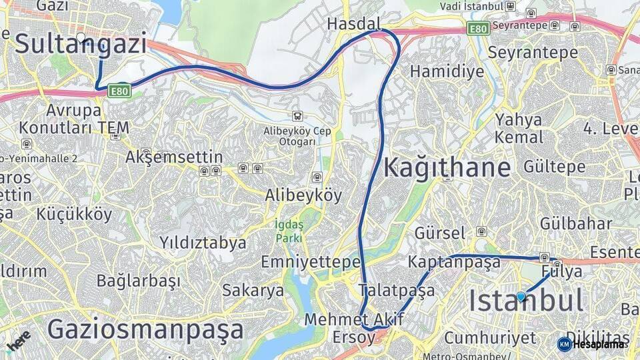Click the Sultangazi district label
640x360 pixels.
80,45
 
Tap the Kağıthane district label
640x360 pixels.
447,167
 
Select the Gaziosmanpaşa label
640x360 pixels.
145,330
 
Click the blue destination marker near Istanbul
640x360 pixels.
521,297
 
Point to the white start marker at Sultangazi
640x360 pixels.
81,37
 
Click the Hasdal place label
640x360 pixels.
353,24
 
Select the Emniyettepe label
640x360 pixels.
311,261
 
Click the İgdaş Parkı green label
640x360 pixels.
289,231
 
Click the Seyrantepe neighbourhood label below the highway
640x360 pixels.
531,52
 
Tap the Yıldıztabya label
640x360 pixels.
203,243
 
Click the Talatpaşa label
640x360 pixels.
397,290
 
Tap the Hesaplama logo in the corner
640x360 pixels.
593,344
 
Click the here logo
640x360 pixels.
18,340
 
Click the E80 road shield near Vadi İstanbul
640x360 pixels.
477,29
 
